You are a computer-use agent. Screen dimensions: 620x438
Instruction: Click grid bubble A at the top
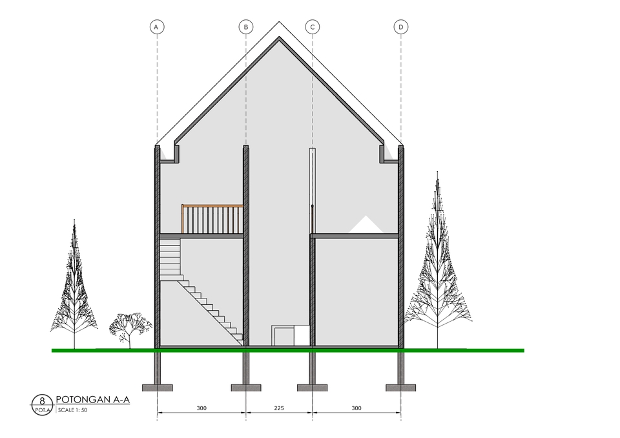[x=156, y=26]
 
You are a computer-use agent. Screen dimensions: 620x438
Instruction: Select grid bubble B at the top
[x=245, y=26]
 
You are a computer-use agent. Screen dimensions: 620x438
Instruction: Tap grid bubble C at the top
[x=312, y=26]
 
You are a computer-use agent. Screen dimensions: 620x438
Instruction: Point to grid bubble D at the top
[x=401, y=26]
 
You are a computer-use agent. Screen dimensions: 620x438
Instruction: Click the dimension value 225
[x=279, y=408]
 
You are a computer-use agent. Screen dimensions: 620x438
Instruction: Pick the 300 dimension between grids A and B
[x=201, y=408]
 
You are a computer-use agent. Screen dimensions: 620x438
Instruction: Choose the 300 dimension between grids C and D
[x=356, y=408]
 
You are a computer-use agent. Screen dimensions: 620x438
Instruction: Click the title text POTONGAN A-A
[x=93, y=399]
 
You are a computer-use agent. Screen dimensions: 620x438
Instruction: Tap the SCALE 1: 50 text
[x=72, y=410]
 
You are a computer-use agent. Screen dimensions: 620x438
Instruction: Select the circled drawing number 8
[x=42, y=401]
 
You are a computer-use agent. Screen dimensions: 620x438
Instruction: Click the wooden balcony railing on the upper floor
[x=212, y=219]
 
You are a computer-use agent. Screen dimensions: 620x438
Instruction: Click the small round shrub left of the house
[x=130, y=326]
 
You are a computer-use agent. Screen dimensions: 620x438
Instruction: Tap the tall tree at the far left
[x=75, y=284]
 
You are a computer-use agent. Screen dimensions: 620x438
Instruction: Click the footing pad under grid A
[x=156, y=388]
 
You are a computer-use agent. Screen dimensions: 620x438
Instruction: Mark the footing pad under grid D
[x=401, y=388]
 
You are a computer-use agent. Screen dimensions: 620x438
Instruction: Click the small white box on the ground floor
[x=284, y=335]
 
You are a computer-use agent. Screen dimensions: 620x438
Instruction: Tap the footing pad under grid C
[x=312, y=388]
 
